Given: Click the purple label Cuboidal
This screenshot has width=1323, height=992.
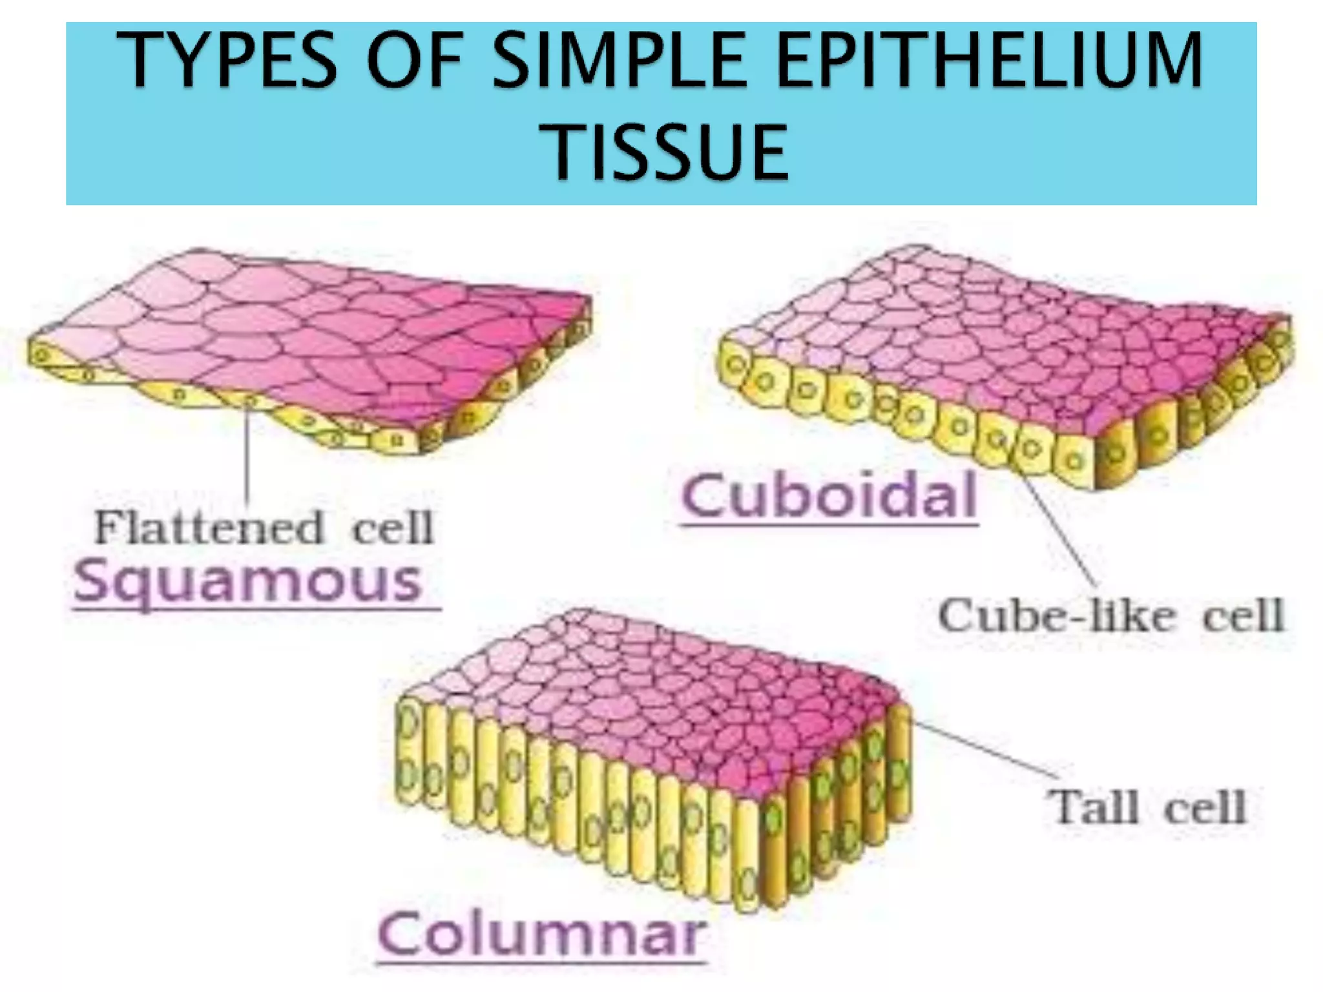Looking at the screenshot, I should [829, 496].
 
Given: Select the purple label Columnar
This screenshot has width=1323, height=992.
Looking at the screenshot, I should [541, 935].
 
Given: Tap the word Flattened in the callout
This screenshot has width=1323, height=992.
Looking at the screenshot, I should [208, 528].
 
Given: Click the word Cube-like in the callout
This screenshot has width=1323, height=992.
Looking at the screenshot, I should [1056, 615].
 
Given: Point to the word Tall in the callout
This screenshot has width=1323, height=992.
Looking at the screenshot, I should [1092, 807].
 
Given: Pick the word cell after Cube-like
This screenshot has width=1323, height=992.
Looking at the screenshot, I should [1242, 615].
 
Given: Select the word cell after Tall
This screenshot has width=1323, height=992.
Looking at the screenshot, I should [1204, 807].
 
